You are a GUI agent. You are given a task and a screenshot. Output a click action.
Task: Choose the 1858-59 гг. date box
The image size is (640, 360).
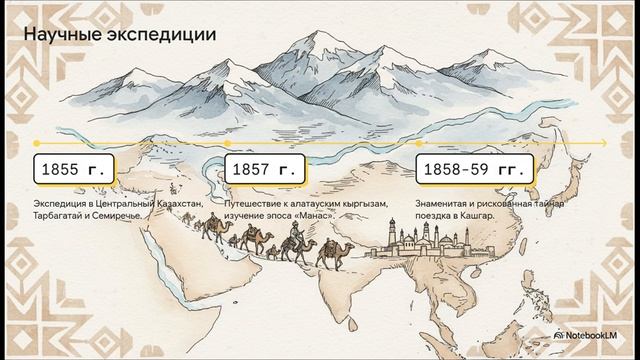pyautogui.click(x=476, y=169)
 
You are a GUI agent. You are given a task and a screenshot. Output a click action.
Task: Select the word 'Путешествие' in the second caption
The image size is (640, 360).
pyautogui.click(x=255, y=204)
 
